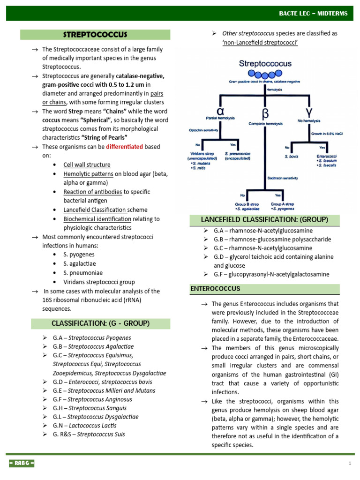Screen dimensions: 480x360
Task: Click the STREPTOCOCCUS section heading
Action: [95, 35]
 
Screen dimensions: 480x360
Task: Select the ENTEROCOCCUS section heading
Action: [215, 289]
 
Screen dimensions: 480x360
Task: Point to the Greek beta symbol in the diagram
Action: [265, 113]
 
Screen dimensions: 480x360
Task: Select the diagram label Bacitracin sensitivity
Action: [283, 178]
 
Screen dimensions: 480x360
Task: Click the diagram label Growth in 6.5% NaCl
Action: [327, 133]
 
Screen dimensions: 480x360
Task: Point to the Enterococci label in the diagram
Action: [327, 156]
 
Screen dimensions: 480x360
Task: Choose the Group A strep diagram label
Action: [283, 204]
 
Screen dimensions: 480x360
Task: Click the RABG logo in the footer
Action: [22, 464]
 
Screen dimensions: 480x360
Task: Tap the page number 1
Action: [350, 464]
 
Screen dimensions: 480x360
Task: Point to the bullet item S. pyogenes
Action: [79, 255]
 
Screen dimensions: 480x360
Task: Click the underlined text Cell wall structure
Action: [87, 165]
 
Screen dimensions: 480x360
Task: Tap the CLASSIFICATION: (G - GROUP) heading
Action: [100, 323]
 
